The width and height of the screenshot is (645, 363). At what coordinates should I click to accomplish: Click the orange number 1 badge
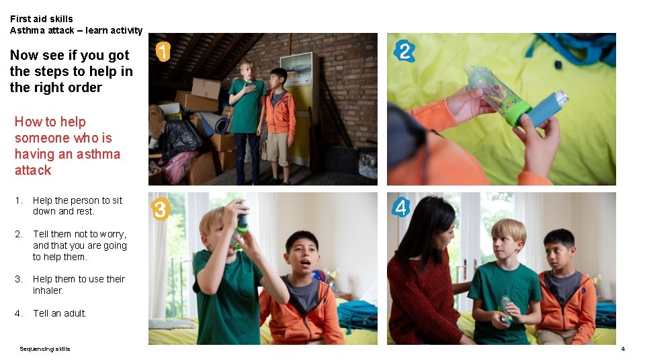(163, 52)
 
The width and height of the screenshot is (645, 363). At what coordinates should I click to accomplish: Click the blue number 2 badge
(404, 51)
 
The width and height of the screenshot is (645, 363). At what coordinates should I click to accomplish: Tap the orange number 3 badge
(160, 210)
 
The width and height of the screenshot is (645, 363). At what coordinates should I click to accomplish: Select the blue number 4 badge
(401, 208)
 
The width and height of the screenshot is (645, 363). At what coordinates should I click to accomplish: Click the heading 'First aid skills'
(42, 19)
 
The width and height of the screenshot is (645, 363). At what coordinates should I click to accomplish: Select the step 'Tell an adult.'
(60, 313)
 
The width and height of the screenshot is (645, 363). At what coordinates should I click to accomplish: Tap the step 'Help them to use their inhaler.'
(79, 284)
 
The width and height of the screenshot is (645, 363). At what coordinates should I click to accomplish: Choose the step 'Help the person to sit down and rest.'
(77, 206)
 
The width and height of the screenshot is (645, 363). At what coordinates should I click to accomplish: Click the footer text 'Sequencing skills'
(44, 349)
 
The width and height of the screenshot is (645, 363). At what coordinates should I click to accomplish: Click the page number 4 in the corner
(623, 349)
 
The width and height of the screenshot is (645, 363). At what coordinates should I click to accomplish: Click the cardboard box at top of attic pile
(206, 87)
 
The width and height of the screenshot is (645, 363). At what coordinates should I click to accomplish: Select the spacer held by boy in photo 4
(505, 309)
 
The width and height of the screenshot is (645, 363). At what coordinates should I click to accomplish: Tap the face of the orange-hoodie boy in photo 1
(278, 79)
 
